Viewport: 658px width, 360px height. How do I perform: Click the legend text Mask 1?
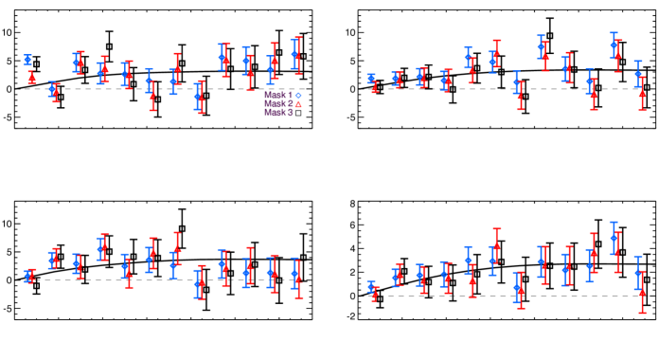point(277,96)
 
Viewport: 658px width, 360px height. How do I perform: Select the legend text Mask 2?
point(277,104)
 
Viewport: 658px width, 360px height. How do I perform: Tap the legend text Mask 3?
point(277,113)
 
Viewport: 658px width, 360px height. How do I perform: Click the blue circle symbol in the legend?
point(298,96)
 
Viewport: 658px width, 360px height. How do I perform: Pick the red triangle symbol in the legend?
point(298,104)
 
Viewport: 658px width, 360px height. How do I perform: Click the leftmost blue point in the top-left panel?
point(27,60)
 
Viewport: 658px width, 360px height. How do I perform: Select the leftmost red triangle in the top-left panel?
point(31,76)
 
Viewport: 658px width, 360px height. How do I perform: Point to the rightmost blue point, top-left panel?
point(294,55)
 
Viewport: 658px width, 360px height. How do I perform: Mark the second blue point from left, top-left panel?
point(52,89)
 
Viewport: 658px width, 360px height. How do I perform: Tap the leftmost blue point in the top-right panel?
point(371,79)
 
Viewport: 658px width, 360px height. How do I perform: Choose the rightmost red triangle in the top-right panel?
point(642,94)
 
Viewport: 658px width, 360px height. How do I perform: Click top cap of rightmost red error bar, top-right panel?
point(642,78)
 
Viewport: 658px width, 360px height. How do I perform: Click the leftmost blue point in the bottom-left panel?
point(27,276)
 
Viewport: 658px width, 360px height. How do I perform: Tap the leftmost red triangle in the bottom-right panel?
point(374,294)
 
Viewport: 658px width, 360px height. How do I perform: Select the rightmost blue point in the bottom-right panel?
point(638,272)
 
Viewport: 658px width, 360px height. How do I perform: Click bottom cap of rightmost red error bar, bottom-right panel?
point(642,312)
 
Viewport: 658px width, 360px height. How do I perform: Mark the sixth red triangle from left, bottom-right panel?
point(496,246)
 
